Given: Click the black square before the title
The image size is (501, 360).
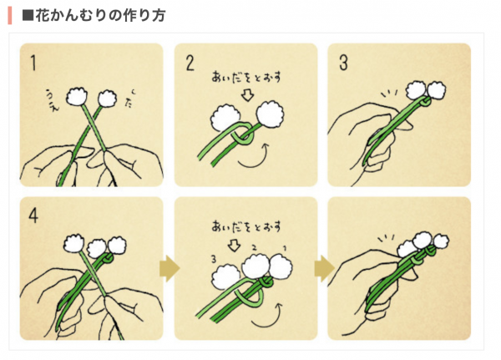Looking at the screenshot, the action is (28, 15).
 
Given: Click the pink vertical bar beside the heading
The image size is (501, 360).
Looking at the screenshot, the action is (10, 15).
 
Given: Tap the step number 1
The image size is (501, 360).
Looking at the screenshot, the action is (33, 63).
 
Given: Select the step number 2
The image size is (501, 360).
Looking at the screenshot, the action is (190, 63).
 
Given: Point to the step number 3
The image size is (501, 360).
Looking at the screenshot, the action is (343, 63).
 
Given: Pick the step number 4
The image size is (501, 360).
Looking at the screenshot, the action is (33, 216).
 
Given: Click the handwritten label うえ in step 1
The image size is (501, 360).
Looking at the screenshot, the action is (53, 101).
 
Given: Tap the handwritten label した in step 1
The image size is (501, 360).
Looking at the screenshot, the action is (129, 99).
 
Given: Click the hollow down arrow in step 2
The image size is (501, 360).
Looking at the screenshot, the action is (247, 95).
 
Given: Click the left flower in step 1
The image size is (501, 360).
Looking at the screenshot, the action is (77, 96).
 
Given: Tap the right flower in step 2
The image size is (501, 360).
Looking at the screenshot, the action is (271, 114).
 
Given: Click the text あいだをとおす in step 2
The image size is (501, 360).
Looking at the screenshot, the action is (246, 78).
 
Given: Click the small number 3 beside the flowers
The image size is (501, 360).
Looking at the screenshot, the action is (214, 259).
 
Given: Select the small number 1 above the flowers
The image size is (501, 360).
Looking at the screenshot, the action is (285, 248).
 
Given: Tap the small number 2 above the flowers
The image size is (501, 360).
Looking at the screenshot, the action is (255, 247).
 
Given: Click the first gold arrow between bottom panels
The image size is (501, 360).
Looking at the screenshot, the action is (170, 268).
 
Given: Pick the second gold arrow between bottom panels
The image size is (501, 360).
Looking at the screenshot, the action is (324, 268).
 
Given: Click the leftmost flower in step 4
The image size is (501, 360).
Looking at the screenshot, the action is (73, 244).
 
